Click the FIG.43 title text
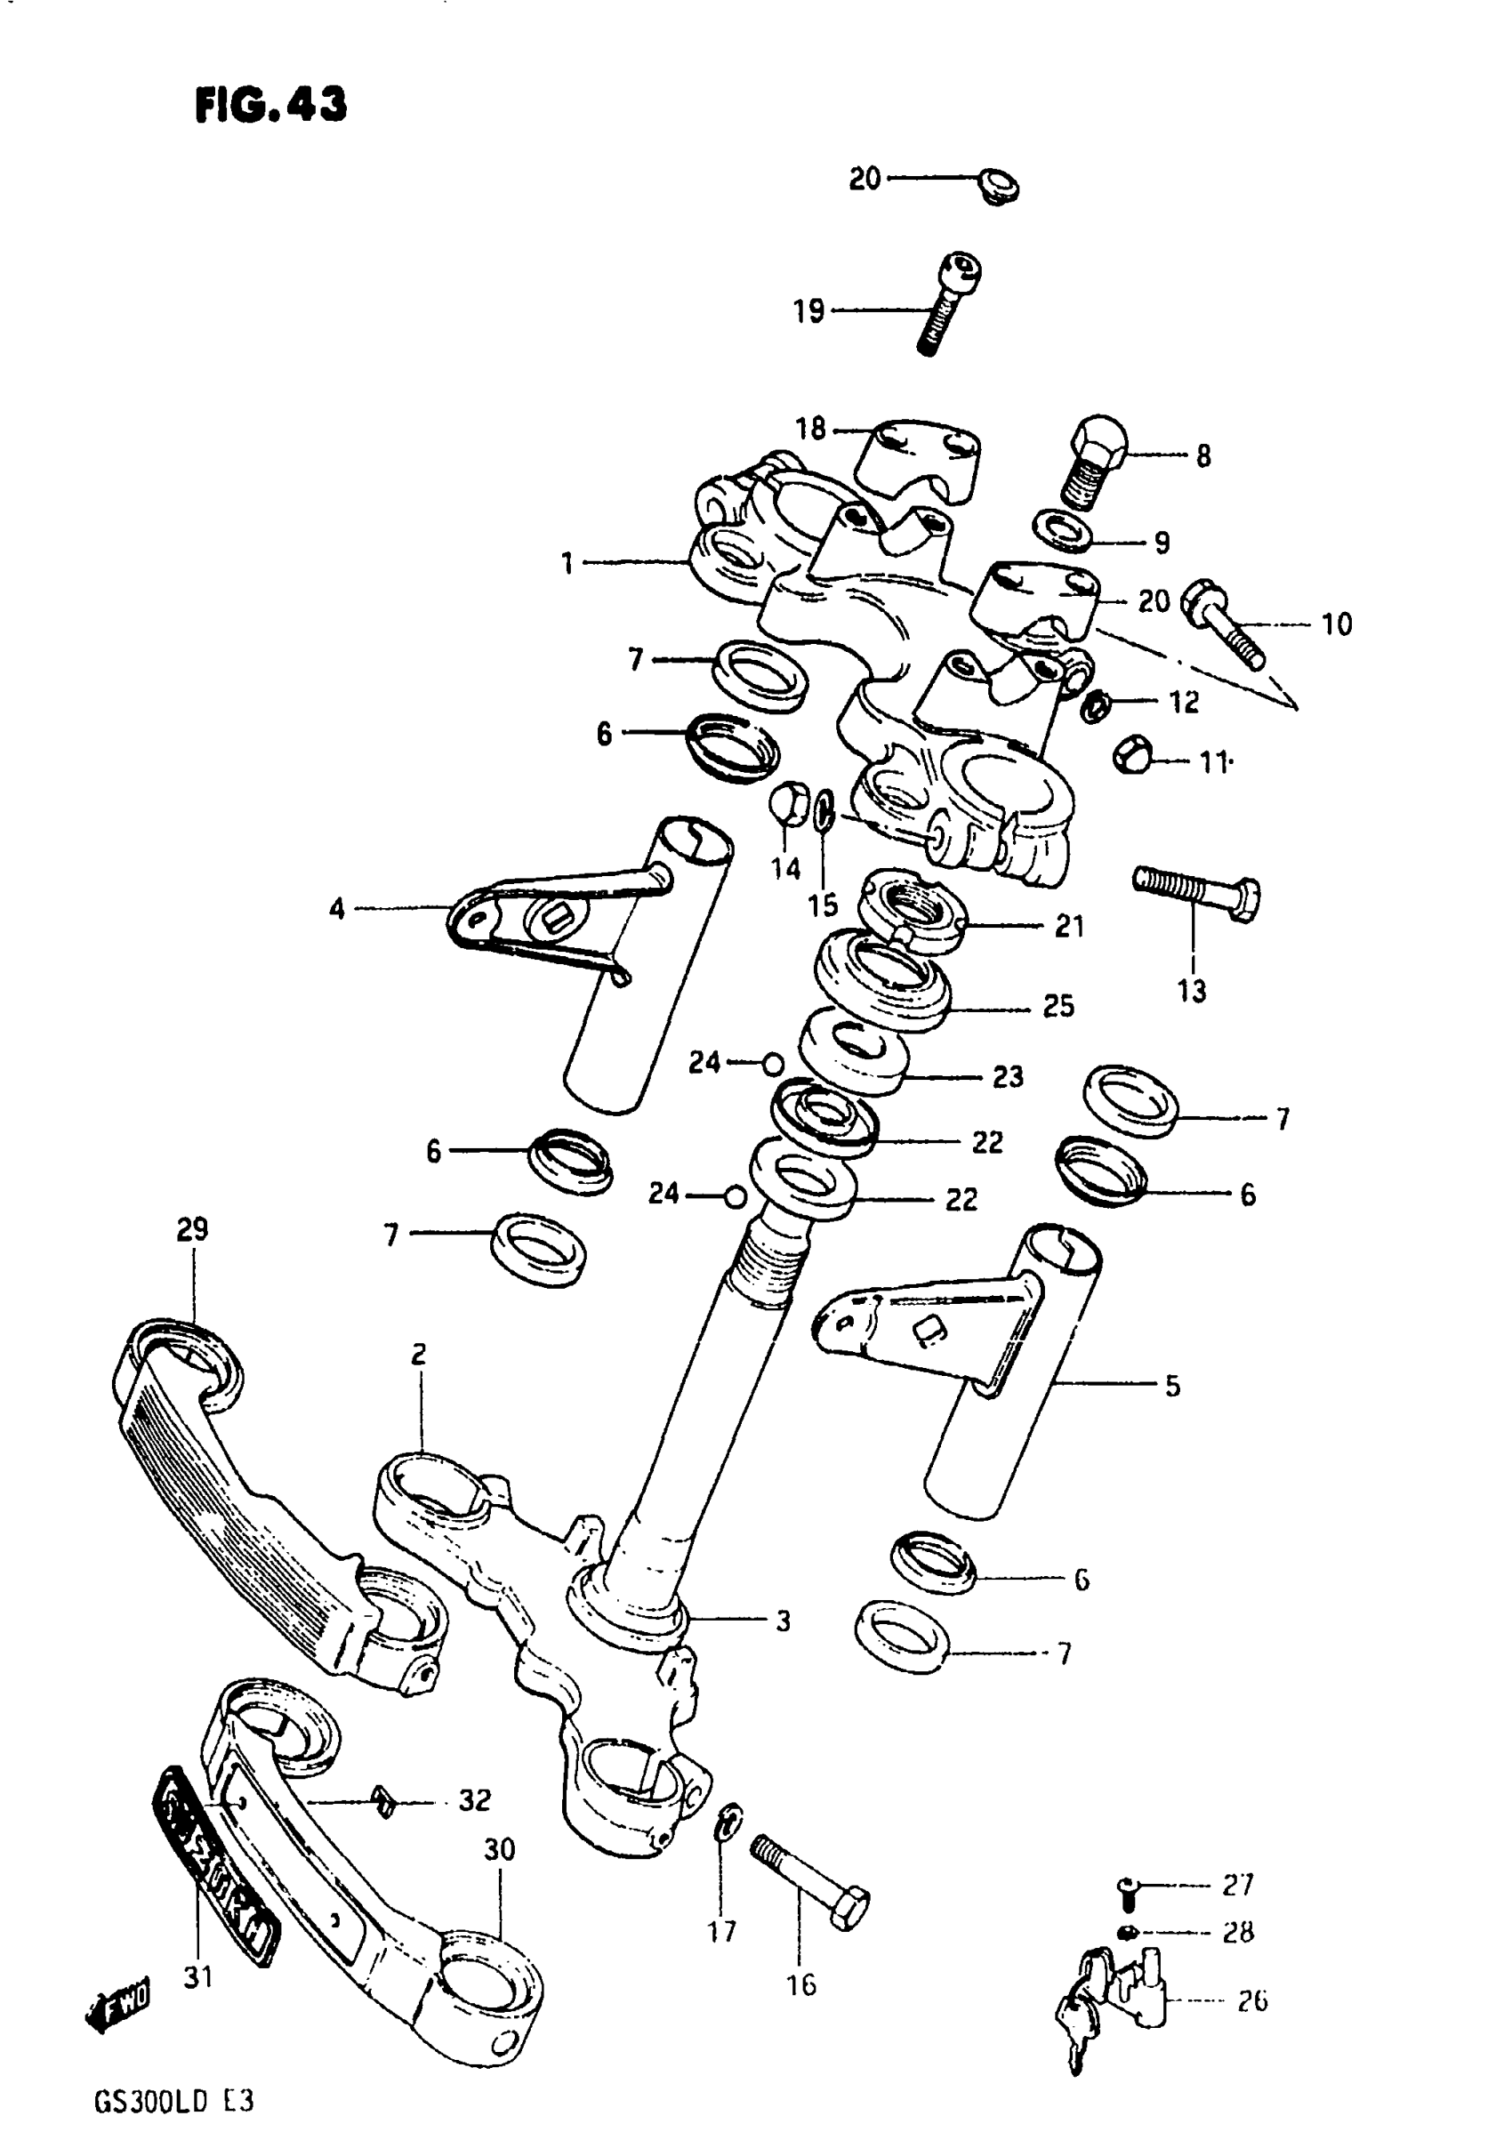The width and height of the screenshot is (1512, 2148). [x=270, y=104]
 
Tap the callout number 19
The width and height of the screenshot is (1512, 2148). [x=808, y=310]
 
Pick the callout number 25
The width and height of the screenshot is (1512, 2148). [x=1058, y=1007]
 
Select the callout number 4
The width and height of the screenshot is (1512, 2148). [x=337, y=908]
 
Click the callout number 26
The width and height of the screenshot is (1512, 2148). [x=1252, y=2000]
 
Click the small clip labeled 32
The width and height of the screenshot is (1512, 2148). [x=382, y=1800]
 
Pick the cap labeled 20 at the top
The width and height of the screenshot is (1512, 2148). [x=997, y=186]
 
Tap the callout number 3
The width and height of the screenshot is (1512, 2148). [x=784, y=1621]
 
